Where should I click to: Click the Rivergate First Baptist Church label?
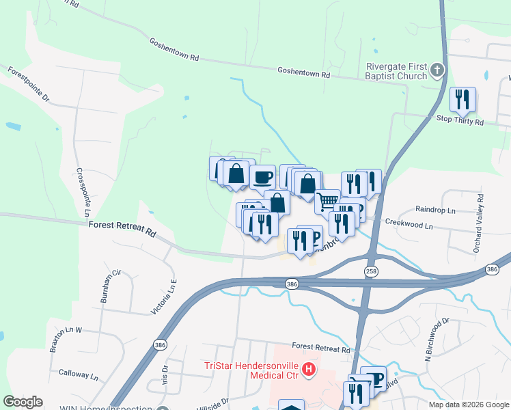click(396, 70)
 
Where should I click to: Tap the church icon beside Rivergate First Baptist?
click(437, 70)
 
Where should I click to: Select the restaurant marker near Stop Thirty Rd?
click(462, 100)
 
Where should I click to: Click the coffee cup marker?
click(262, 178)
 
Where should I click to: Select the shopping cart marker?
click(328, 202)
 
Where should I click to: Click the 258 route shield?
click(370, 272)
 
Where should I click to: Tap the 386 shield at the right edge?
click(491, 270)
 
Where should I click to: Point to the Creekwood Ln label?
click(409, 224)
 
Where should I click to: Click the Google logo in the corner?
click(23, 402)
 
